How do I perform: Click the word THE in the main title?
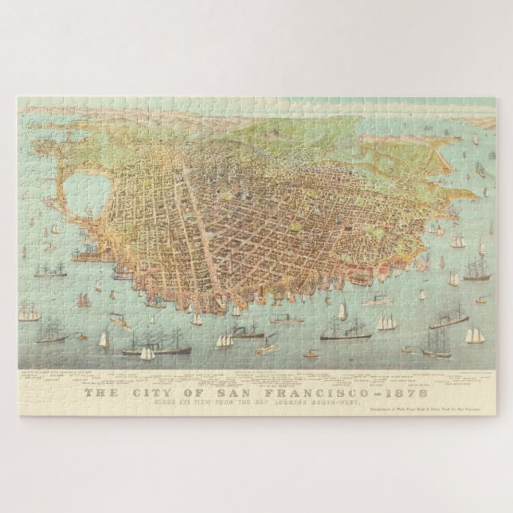102,393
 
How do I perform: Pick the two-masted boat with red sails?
84,300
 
